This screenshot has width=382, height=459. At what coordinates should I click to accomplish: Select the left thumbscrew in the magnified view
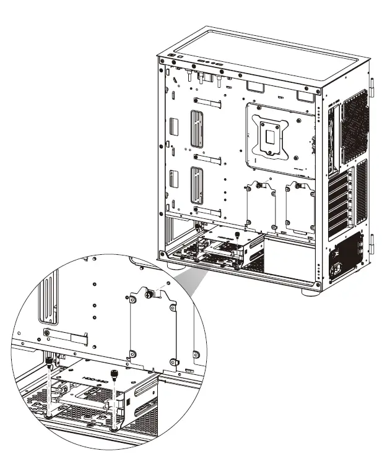click(48, 359)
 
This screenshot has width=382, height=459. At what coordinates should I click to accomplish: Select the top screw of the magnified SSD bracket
click(149, 295)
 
